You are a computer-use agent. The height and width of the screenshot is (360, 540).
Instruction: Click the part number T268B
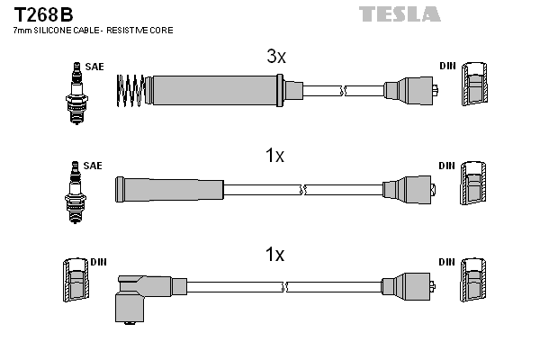point(43,14)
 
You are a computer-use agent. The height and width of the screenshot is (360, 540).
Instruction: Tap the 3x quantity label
point(275,57)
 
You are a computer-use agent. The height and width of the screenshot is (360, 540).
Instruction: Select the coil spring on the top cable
point(132,89)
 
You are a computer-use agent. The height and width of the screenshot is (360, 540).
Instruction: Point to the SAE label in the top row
point(93,67)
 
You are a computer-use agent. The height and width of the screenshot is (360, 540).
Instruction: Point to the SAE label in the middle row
point(93,166)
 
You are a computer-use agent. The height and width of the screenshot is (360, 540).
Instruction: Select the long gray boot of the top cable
point(217,89)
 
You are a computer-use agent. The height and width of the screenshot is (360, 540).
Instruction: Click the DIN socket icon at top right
point(474,87)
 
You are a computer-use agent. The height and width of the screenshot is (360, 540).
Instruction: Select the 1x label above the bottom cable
point(275,255)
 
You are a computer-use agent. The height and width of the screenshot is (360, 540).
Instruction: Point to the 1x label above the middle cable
point(275,156)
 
